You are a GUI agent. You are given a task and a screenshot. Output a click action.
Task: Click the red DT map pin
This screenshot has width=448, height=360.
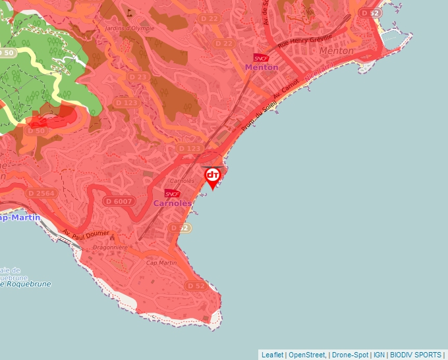tap(213, 176)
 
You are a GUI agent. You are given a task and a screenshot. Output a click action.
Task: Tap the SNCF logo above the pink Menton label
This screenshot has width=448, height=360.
tap(261, 58)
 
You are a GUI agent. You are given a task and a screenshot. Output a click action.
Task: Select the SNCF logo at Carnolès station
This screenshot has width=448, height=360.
tap(173, 193)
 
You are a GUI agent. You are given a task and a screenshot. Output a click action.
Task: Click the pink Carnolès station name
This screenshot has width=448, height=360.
tap(173, 203)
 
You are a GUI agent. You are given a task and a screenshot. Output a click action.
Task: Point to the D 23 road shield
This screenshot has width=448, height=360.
tap(139, 77)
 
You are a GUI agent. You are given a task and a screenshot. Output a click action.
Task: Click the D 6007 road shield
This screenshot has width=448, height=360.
tap(119, 201)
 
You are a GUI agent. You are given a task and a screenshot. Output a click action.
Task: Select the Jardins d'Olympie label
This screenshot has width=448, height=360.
tap(130, 28)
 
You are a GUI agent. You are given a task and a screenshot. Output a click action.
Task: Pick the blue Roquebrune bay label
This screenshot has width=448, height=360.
tap(25, 284)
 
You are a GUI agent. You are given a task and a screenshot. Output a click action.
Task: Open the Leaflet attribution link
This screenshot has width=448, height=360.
tap(273, 355)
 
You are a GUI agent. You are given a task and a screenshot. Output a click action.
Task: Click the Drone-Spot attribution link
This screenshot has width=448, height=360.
tap(349, 355)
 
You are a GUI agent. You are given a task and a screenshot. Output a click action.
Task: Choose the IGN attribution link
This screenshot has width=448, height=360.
tap(379, 355)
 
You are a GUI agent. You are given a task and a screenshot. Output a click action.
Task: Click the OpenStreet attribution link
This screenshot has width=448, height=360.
tap(307, 355)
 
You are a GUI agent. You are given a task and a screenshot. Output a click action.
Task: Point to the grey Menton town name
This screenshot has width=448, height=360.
tap(336, 51)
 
